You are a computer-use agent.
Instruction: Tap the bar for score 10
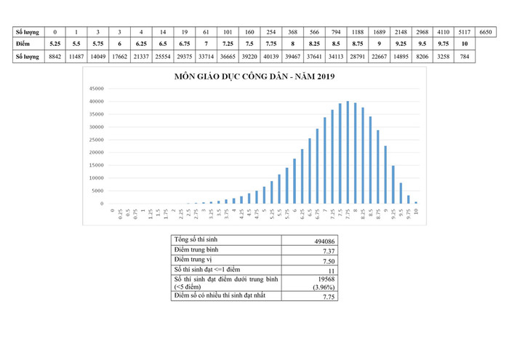(x=417, y=202)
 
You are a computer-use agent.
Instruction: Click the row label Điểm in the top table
(x=26, y=44)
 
